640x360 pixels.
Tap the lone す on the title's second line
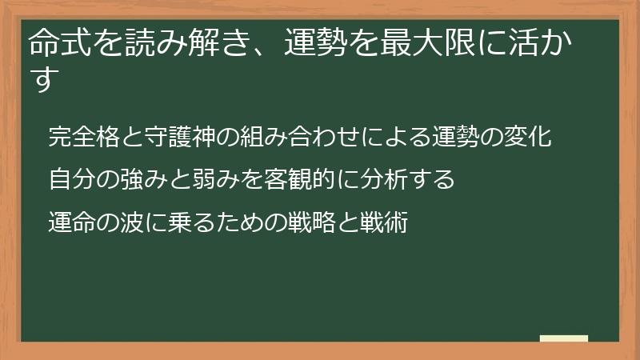point(43,81)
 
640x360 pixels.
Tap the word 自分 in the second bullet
point(70,179)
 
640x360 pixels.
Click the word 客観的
point(285,179)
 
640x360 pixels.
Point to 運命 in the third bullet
point(70,222)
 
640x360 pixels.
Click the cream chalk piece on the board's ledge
point(563,338)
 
